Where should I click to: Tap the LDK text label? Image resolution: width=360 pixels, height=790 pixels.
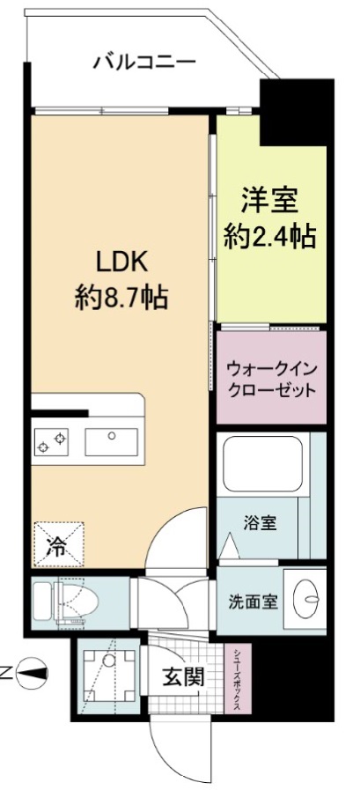pyautogui.click(x=121, y=262)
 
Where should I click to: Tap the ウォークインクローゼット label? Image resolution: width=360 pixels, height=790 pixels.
pyautogui.click(x=270, y=379)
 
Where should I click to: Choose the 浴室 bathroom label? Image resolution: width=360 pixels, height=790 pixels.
pyautogui.click(x=260, y=522)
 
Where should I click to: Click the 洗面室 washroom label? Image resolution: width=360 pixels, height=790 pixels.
pyautogui.click(x=253, y=602)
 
